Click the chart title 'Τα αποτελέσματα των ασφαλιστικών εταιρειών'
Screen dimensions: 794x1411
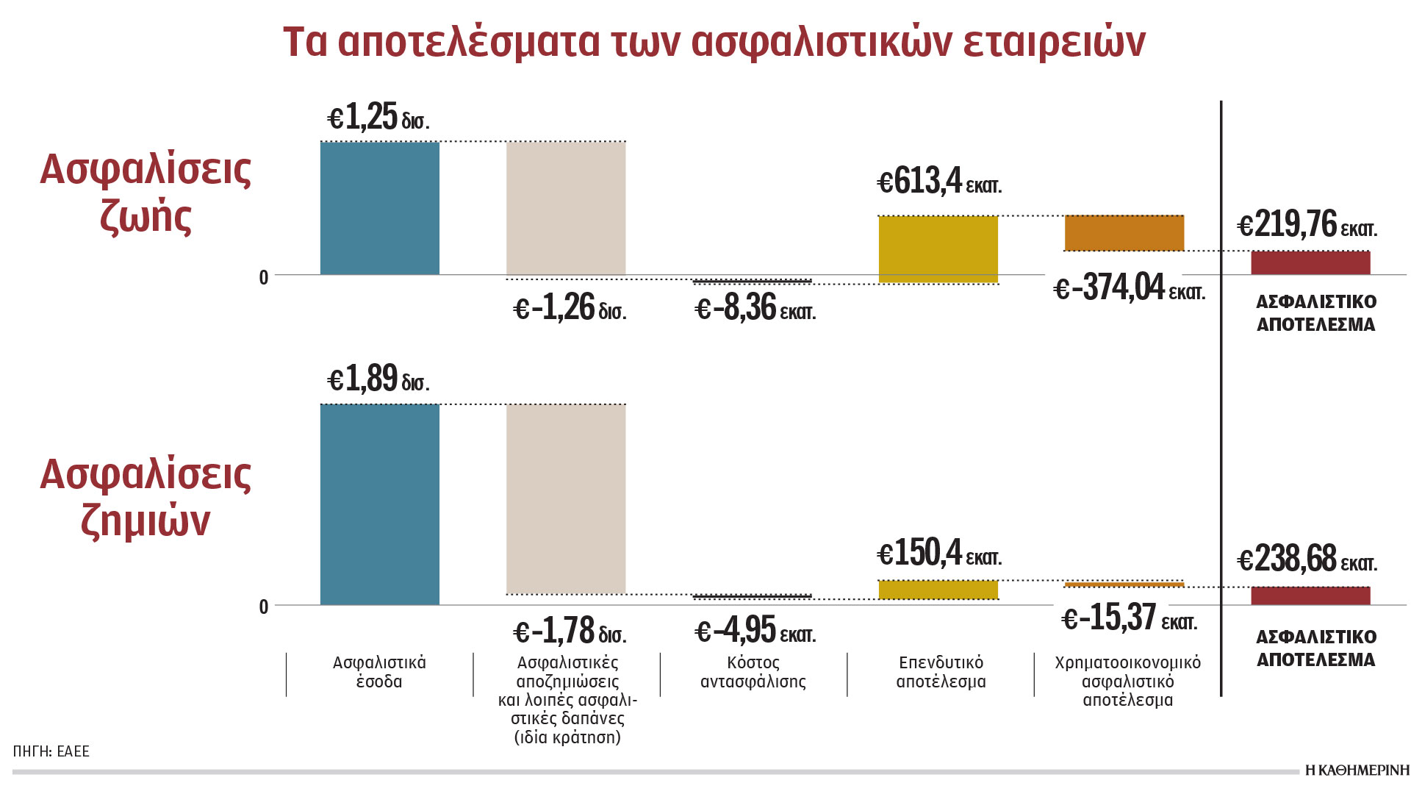coord(714,42)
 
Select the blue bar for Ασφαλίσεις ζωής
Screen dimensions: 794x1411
coord(379,208)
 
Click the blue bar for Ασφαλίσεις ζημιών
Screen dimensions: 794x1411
coord(379,504)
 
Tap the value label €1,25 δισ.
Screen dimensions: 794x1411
coord(378,118)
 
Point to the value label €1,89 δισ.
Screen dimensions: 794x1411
coord(378,379)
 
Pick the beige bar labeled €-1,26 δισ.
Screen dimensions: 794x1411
coord(566,208)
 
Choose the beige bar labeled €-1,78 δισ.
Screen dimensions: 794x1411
coord(566,498)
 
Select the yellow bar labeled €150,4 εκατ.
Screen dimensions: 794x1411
coord(938,590)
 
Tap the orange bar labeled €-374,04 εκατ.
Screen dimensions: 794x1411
coord(1124,233)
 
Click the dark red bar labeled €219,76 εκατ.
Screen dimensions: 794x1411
coord(1310,262)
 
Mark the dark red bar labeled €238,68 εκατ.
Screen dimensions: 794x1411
coord(1310,595)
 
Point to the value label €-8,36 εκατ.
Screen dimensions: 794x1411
coord(755,308)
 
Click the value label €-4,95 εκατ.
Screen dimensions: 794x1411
coord(755,630)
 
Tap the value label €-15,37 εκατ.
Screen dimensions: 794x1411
coord(1129,618)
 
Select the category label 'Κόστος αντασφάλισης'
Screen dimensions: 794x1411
coord(753,672)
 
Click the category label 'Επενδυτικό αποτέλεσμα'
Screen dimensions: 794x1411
coord(941,672)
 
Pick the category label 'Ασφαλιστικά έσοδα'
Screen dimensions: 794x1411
coord(379,672)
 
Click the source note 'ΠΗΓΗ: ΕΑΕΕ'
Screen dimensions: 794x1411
coord(51,751)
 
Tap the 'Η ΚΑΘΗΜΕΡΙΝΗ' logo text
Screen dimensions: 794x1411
coord(1357,770)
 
